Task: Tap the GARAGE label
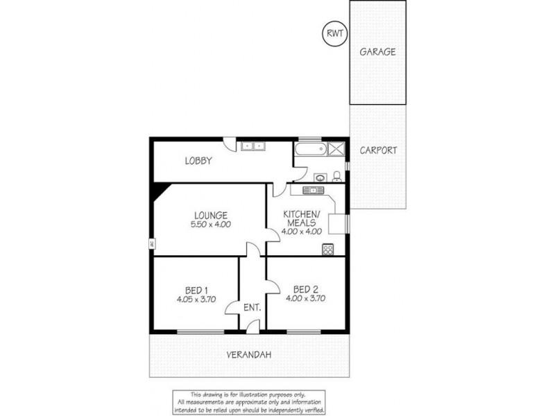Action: [378, 51]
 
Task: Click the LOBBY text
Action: [198, 161]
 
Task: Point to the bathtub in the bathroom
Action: [310, 150]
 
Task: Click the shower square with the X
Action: [337, 149]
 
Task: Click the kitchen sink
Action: [311, 189]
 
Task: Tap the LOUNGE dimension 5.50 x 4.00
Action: [211, 225]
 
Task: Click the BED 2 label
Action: [305, 289]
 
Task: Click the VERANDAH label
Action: [248, 355]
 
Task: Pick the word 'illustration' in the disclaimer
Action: [259, 393]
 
